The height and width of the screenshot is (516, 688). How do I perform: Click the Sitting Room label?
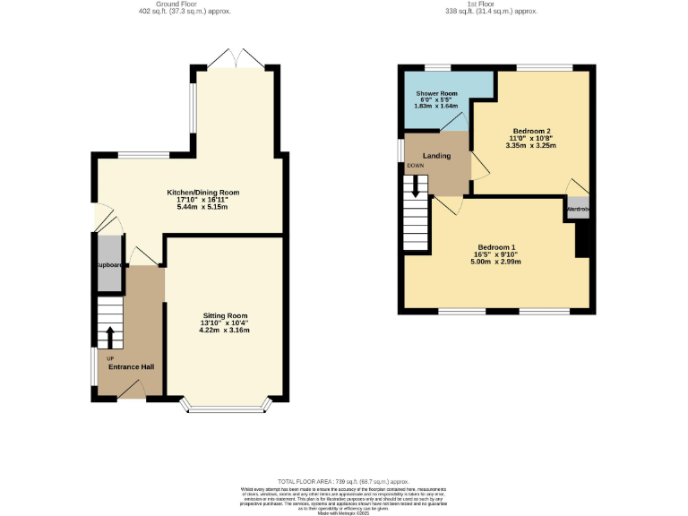[x=224, y=315]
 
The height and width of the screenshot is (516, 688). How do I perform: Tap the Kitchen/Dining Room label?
[x=202, y=192]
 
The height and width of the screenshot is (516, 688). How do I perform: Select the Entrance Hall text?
[x=131, y=367]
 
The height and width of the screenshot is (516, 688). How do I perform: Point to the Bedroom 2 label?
[x=531, y=129]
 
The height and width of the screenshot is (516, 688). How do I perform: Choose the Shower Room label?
[x=436, y=92]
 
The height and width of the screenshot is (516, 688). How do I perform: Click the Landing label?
[x=437, y=156]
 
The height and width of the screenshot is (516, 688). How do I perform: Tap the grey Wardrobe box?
[x=578, y=209]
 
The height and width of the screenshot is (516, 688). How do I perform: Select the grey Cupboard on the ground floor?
[x=108, y=264]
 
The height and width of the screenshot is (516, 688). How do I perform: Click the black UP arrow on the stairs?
[x=110, y=337]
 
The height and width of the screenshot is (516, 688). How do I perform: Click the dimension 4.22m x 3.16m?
[x=224, y=331]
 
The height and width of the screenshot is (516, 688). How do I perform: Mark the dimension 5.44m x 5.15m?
[x=202, y=207]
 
